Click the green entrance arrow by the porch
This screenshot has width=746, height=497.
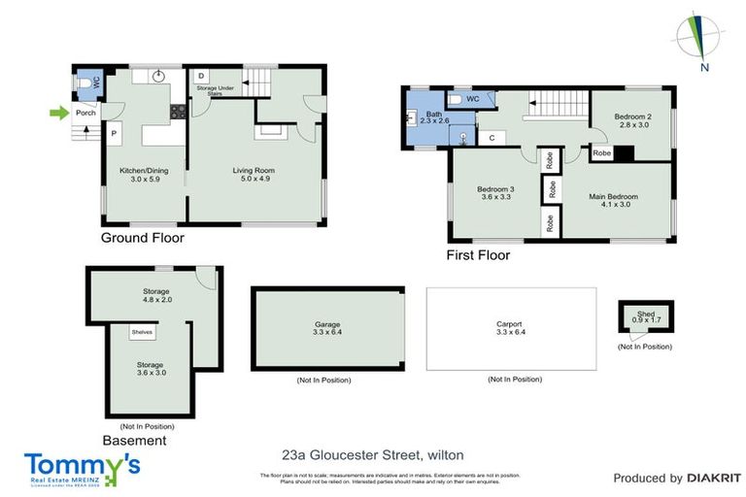pos(59,114)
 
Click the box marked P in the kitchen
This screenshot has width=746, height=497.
pos(114,133)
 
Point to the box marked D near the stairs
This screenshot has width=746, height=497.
pos(200,76)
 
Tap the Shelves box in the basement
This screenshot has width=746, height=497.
pos(143,332)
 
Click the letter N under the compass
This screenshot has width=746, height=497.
pos(705,68)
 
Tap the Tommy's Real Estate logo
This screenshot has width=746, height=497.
pos(83,468)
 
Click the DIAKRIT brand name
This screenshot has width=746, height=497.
pos(714,478)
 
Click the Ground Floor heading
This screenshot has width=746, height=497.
pos(143,238)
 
